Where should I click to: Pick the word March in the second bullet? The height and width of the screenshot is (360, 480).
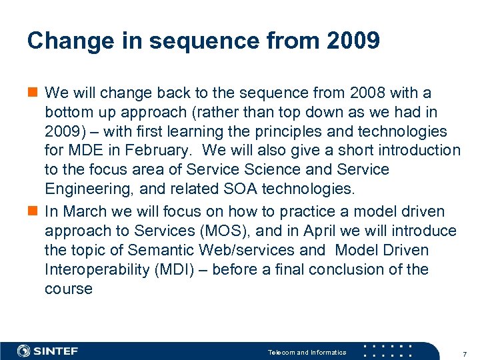pos(83,211)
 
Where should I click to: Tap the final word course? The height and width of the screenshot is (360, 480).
pos(68,289)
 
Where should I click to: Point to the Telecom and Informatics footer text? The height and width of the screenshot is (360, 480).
pos(307,352)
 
